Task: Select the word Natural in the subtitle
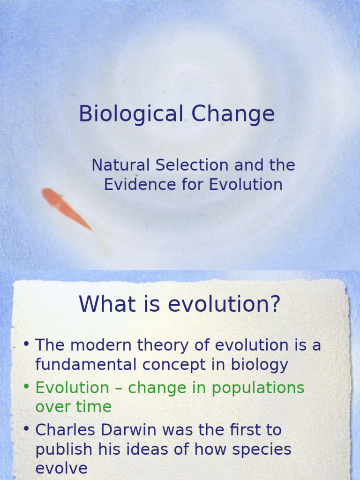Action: [120, 165]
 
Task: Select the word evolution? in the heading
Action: [224, 304]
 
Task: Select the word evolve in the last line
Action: [61, 468]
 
